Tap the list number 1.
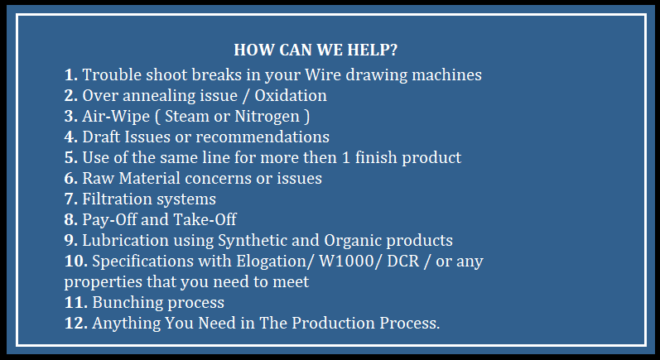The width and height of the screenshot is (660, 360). tap(70, 74)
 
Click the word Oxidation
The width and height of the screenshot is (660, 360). tap(291, 95)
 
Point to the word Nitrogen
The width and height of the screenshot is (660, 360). tap(267, 117)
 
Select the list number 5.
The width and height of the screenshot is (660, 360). tap(70, 157)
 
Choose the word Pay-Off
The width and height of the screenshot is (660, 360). tap(109, 220)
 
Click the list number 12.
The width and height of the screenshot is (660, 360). tap(75, 323)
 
